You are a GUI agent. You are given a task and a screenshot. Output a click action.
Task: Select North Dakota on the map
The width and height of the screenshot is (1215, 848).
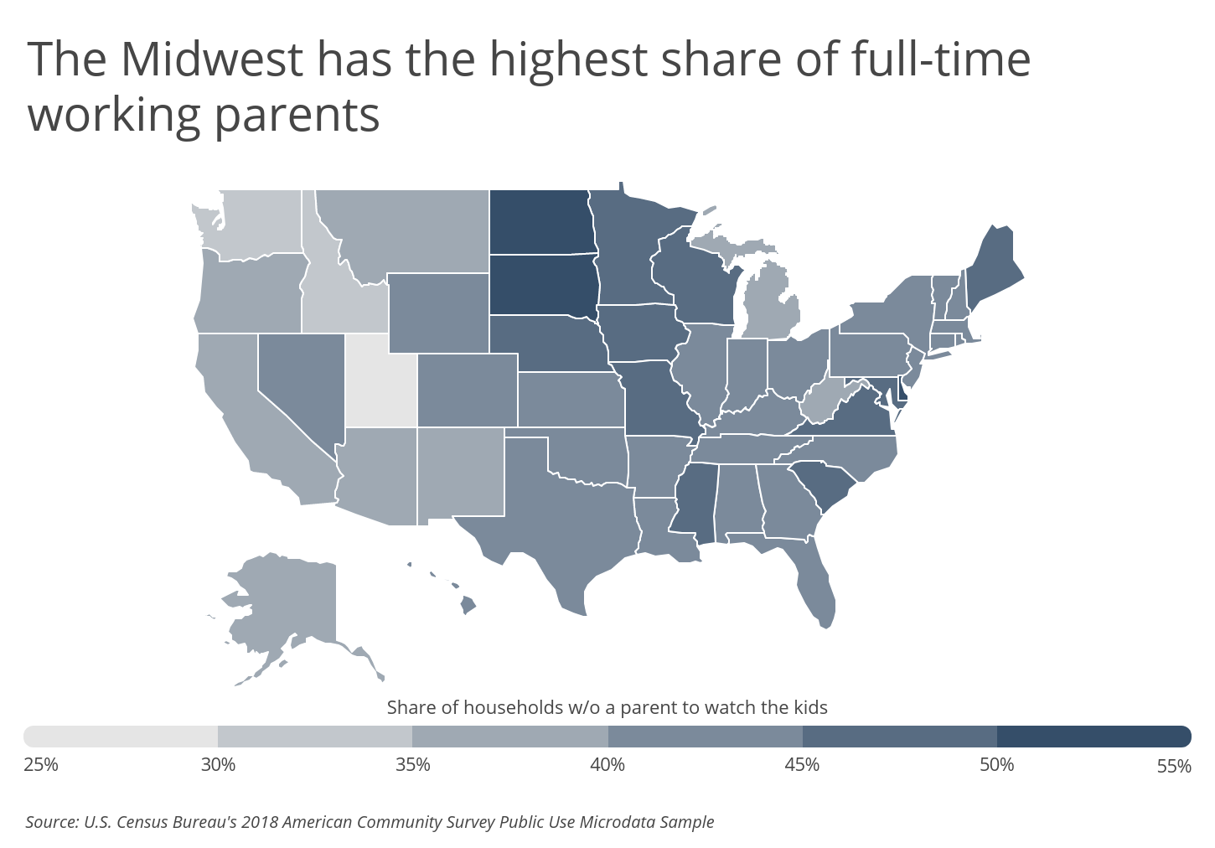[542, 221]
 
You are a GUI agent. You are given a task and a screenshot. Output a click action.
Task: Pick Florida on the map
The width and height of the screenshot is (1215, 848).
[809, 575]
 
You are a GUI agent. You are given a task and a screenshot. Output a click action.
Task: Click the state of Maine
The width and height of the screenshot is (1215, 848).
[993, 271]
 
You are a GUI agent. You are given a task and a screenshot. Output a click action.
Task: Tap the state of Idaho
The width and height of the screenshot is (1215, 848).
[331, 287]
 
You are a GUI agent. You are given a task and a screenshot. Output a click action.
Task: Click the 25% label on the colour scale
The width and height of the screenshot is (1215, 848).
[41, 765]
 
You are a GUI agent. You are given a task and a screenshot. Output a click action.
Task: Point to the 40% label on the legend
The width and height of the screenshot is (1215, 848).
[607, 765]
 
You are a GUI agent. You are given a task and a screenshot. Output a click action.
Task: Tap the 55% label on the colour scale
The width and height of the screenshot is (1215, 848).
[1174, 766]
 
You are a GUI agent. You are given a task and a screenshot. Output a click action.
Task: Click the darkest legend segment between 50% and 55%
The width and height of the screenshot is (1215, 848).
[1094, 737]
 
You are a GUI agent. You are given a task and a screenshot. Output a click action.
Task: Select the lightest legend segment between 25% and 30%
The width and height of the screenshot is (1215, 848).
[121, 737]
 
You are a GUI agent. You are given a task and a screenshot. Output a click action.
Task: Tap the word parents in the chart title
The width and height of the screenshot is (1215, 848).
[297, 116]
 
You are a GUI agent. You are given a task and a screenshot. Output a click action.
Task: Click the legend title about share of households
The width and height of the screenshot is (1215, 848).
[607, 707]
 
